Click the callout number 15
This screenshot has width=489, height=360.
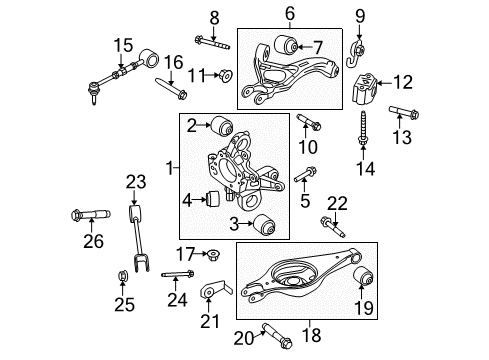[122, 44]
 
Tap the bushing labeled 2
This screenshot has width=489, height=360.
[222, 126]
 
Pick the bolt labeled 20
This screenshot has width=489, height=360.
[272, 327]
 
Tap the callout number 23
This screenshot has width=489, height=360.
[136, 181]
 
